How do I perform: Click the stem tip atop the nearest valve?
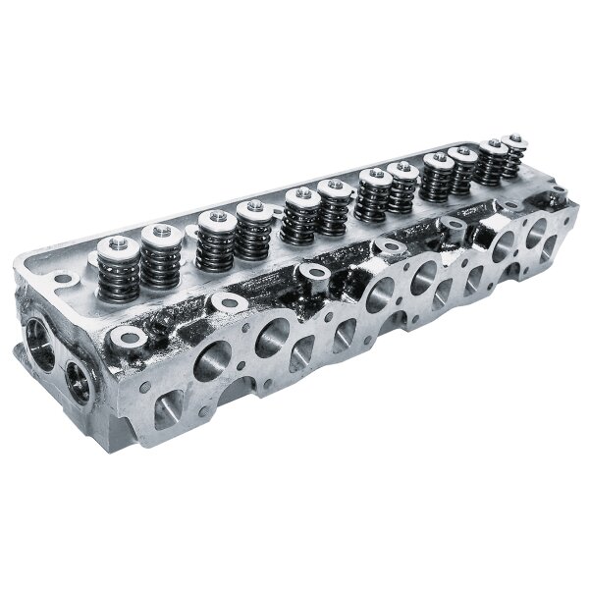(115, 245)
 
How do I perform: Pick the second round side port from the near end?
(270, 337)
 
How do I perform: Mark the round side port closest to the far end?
(539, 235)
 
